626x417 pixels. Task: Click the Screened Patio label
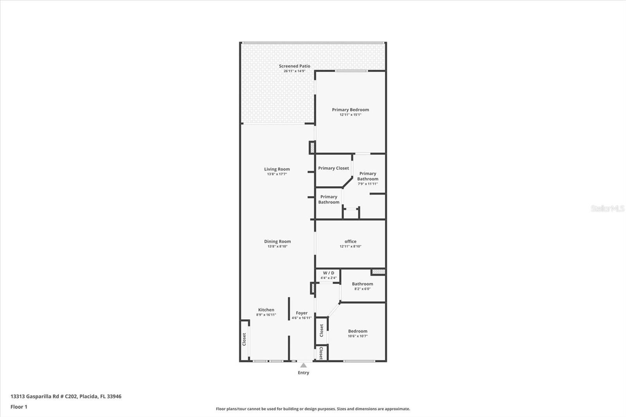tap(294, 66)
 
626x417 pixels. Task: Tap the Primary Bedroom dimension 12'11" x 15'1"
tap(350, 115)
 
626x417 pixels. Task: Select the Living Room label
tap(277, 169)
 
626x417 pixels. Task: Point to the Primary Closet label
tap(333, 168)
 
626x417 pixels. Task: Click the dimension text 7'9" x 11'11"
tap(367, 184)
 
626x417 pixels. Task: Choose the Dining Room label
tap(277, 241)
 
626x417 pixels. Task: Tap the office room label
tap(350, 241)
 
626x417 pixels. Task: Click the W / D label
tap(328, 273)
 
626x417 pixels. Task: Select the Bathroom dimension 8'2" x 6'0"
tap(362, 289)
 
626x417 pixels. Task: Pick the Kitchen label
tap(266, 310)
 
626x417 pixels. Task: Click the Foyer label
tap(301, 313)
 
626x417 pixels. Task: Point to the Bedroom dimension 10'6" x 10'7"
tap(358, 336)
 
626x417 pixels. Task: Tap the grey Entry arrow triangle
tap(303, 365)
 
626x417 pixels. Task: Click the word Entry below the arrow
tap(303, 373)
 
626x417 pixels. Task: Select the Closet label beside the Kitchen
tap(244, 339)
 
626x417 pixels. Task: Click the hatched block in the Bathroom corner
tap(378, 271)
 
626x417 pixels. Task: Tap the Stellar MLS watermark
tap(607, 208)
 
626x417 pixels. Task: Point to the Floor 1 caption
tap(19, 407)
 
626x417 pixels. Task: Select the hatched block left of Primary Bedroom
tap(312, 147)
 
